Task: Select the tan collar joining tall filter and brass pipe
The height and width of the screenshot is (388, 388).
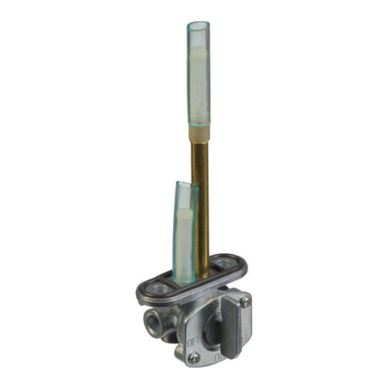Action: click(x=198, y=133)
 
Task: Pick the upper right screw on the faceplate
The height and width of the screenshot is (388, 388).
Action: click(x=245, y=301)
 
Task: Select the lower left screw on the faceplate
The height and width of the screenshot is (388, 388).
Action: click(x=193, y=357)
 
